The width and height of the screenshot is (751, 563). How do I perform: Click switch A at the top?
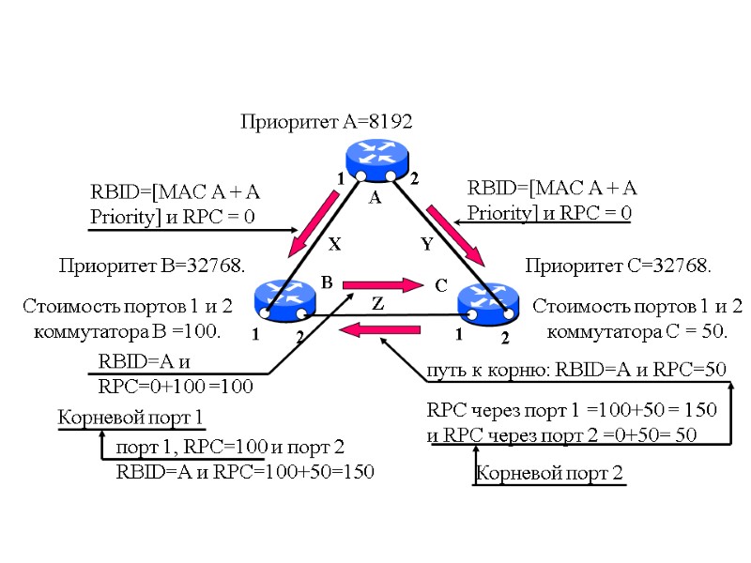point(376,159)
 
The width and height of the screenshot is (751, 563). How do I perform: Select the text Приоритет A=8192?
point(327,122)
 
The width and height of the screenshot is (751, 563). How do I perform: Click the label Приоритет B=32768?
point(152,266)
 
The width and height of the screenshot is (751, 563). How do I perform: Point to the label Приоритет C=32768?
point(619,266)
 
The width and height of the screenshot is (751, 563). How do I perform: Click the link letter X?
point(332,244)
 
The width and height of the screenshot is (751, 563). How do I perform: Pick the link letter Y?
point(425,244)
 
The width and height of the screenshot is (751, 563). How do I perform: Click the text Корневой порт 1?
point(131,417)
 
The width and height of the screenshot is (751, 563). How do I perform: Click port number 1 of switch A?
point(341,178)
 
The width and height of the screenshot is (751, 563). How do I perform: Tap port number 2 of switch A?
point(413,178)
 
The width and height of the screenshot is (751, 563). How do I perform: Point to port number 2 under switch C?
point(504,336)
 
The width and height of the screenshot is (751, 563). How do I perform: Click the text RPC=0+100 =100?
point(176,385)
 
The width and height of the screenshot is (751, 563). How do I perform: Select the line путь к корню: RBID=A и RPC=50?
point(577,370)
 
